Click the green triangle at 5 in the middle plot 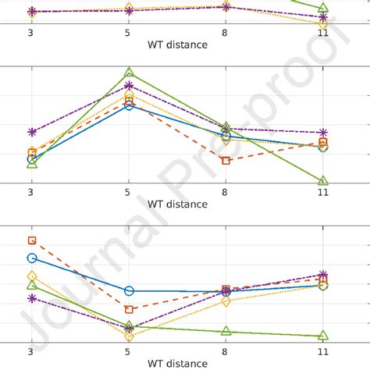[129, 73]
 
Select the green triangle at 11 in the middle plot [323, 181]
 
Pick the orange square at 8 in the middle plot [226, 161]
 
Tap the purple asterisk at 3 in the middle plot [32, 133]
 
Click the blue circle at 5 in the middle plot [129, 105]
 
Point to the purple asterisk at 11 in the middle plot [323, 133]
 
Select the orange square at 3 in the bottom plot [32, 240]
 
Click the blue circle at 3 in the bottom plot [32, 258]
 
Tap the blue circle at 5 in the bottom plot [129, 290]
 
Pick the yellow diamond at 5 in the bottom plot [129, 336]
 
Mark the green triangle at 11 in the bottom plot [323, 336]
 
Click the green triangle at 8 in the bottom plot [226, 331]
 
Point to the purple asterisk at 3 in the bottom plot [32, 298]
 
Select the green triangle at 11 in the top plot [323, 8]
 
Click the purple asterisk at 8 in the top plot [226, 6]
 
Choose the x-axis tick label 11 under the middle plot [323, 193]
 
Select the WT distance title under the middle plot [177, 204]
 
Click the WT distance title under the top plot [177, 44]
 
